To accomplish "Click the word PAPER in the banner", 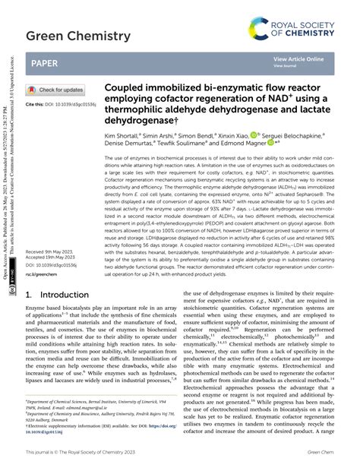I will pyautogui.click(x=42, y=62).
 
